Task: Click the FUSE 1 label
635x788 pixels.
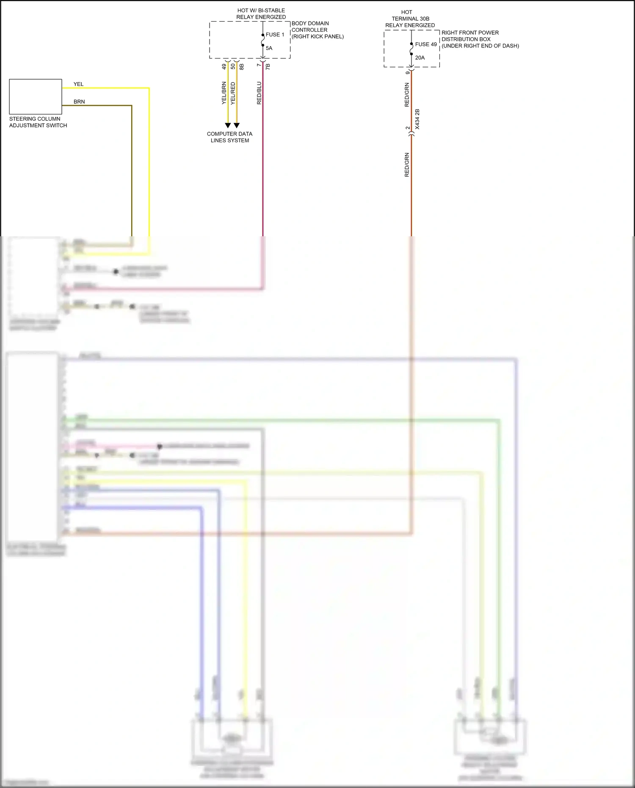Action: click(275, 35)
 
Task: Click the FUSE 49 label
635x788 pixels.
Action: click(425, 44)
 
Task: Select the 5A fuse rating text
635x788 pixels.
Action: click(269, 48)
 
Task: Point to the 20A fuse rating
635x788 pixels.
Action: click(420, 58)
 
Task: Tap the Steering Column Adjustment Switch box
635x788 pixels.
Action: click(36, 97)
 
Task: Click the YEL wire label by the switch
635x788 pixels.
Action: click(78, 84)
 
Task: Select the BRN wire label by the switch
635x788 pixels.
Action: click(79, 102)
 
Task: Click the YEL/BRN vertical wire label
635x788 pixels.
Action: click(224, 93)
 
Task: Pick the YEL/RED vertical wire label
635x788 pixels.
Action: click(233, 93)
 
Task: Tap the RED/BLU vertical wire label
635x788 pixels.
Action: click(259, 93)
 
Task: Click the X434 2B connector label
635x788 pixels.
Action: click(417, 119)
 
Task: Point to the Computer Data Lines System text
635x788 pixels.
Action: click(229, 137)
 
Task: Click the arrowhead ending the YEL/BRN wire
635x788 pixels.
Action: click(228, 125)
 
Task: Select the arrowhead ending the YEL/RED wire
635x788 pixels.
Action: click(237, 125)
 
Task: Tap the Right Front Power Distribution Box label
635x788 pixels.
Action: click(480, 39)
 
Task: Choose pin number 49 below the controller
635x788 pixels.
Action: click(224, 66)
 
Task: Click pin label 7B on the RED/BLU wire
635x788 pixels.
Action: click(268, 66)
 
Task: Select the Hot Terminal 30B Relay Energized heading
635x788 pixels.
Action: click(410, 19)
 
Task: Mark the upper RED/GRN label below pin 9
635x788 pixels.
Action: click(407, 95)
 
